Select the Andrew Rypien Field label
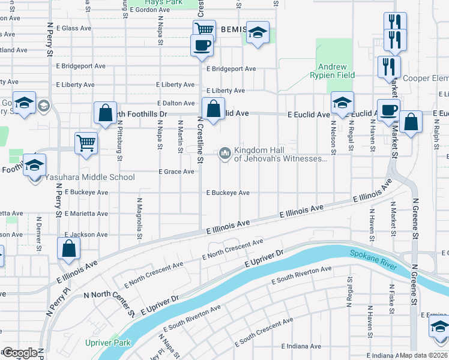pyautogui.click(x=332, y=71)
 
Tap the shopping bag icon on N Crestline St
pyautogui.click(x=213, y=109)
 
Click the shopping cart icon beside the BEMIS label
pyautogui.click(x=204, y=29)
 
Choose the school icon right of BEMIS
pyautogui.click(x=258, y=33)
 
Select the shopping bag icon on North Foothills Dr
pyautogui.click(x=105, y=113)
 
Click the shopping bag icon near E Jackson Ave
pyautogui.click(x=69, y=248)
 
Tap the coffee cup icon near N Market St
pyautogui.click(x=388, y=110)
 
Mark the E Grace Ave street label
pyautogui.click(x=176, y=172)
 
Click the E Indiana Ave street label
pyautogui.click(x=301, y=346)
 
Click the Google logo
pyautogui.click(x=20, y=352)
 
